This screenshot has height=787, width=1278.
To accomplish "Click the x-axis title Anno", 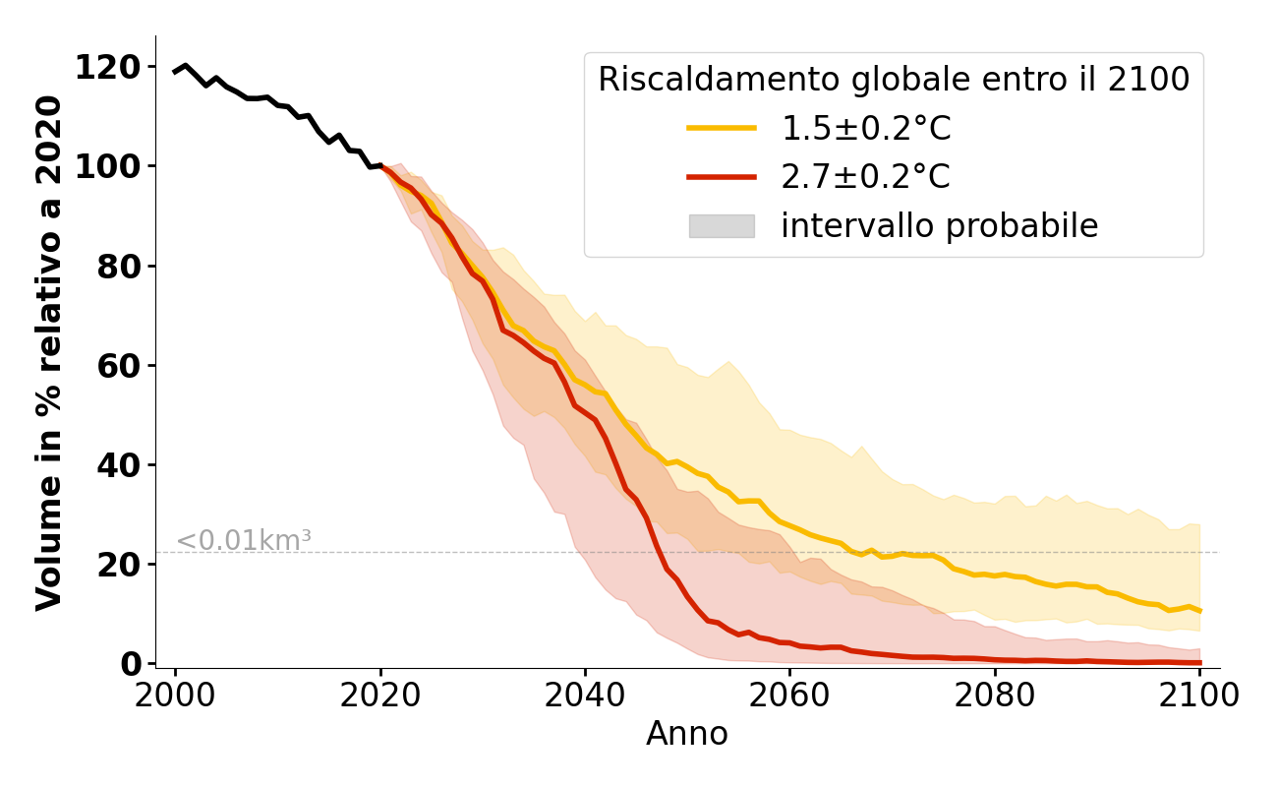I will coord(687,735).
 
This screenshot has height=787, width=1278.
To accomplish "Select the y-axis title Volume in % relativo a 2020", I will coord(49,352).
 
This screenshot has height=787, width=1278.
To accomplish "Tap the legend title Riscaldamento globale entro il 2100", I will coord(894,80).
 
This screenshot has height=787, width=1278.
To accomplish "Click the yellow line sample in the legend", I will coord(722,128).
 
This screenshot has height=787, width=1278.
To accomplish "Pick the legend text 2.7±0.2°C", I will coord(865,177).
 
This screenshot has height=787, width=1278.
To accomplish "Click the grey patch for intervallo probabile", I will coord(722,226).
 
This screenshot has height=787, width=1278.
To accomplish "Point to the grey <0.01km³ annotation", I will coord(244,541).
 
